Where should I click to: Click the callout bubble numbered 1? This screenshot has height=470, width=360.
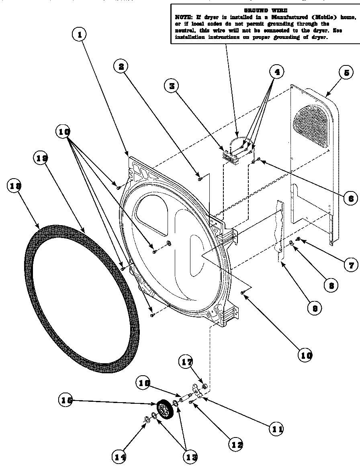(x=80, y=35)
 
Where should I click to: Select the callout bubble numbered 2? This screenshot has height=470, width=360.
(x=121, y=66)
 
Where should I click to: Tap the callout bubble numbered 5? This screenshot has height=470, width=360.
(x=346, y=73)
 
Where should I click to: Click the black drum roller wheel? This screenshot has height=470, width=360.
(x=164, y=410)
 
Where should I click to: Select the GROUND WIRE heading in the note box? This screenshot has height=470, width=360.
(x=266, y=10)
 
